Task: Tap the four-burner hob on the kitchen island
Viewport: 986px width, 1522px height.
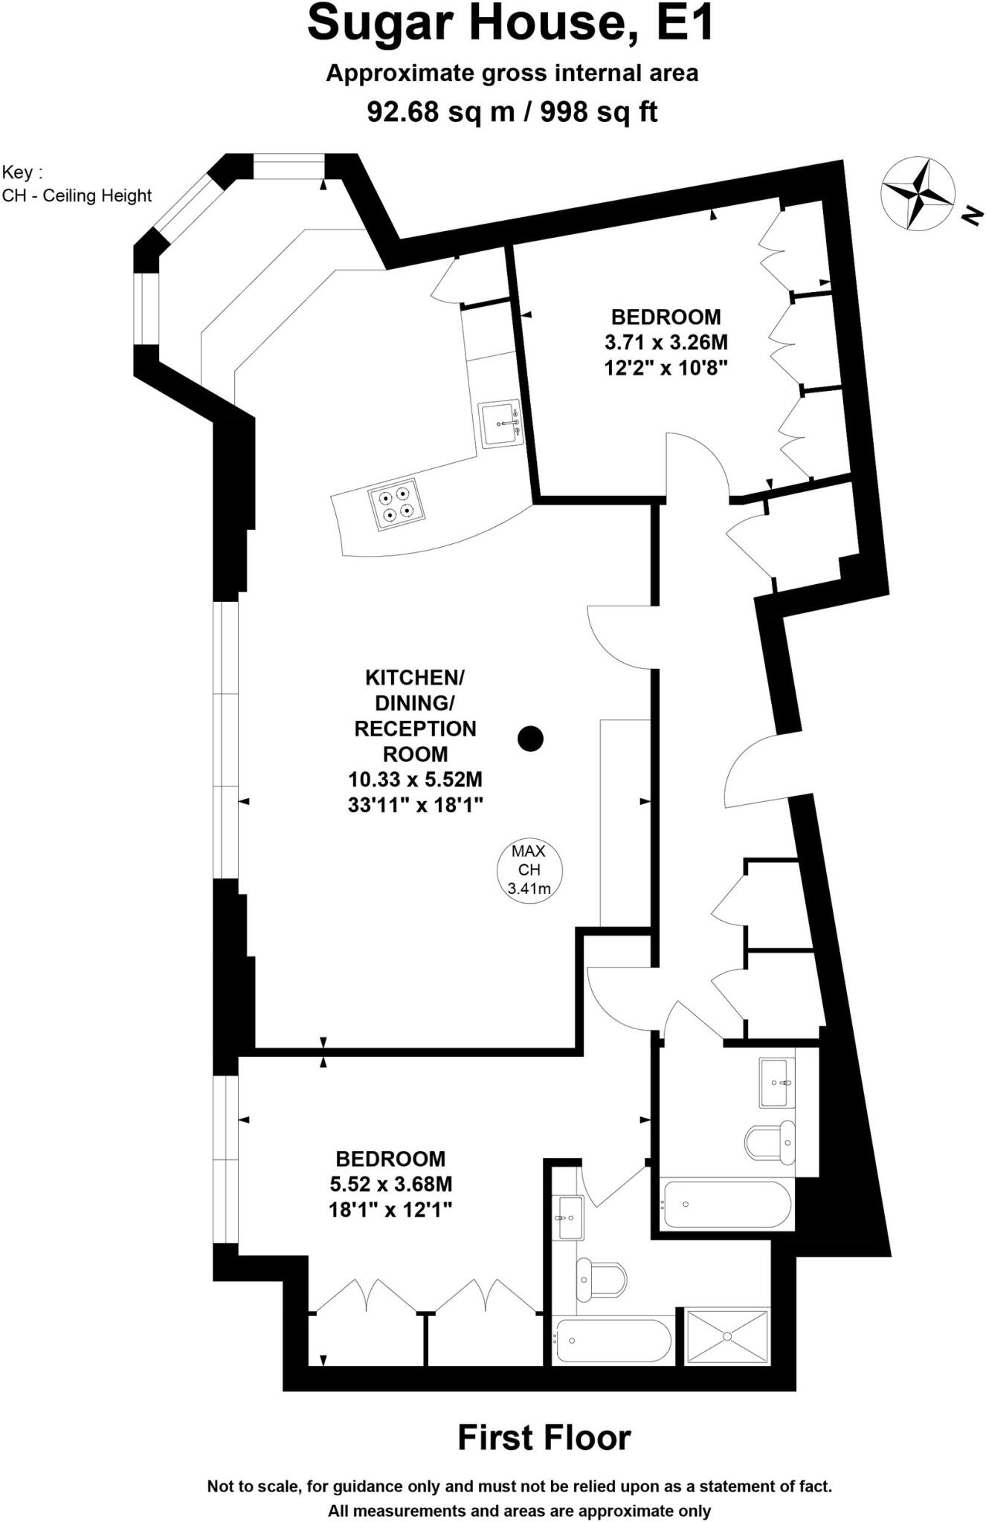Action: coord(395,503)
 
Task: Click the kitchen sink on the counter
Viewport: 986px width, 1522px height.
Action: coord(501,425)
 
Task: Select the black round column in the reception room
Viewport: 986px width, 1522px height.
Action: coord(530,738)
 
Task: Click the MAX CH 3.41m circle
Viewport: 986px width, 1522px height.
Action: coord(529,870)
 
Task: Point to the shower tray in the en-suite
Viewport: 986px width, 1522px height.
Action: coord(726,1337)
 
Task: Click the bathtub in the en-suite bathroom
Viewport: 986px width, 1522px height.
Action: coord(612,1340)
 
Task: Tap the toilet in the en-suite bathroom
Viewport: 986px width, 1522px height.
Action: coord(600,1279)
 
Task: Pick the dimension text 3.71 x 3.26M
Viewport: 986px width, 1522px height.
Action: coord(666,343)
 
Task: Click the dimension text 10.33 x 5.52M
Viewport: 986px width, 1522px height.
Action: coord(415,780)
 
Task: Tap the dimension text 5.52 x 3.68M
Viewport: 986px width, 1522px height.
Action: coord(390,1184)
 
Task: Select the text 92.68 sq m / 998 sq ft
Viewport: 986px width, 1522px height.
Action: coord(512,112)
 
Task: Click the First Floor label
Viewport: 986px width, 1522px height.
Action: coord(544,1437)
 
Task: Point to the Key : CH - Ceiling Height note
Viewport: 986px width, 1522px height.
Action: coord(77,184)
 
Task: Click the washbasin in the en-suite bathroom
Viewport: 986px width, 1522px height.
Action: coord(570,1218)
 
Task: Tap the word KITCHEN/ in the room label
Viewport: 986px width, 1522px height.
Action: coord(415,678)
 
